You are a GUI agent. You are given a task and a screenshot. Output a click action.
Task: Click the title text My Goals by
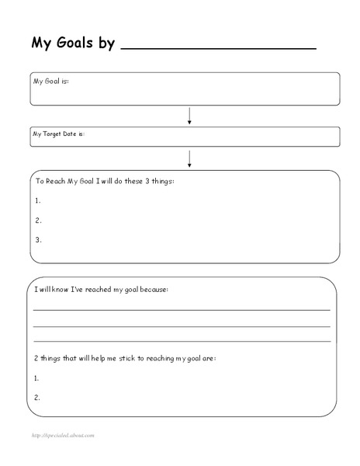pyautogui.click(x=73, y=43)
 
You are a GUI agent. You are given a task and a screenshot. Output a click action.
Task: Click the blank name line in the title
pyautogui.click(x=219, y=49)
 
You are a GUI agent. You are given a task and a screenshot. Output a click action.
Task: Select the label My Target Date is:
pyautogui.click(x=58, y=134)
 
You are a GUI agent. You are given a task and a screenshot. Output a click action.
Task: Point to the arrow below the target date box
pyautogui.click(x=189, y=158)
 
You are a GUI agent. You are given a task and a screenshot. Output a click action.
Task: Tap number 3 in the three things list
pyautogui.click(x=38, y=240)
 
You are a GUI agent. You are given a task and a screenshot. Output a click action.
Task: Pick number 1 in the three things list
pyautogui.click(x=38, y=200)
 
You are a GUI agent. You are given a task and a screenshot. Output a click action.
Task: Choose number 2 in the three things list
pyautogui.click(x=38, y=220)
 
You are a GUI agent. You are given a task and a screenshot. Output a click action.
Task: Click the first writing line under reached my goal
pyautogui.click(x=182, y=309)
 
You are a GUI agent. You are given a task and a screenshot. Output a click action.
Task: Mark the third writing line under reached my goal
pyautogui.click(x=182, y=341)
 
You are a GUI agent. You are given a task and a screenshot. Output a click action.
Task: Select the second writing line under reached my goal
pyautogui.click(x=182, y=325)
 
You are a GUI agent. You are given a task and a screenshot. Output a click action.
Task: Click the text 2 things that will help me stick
pyautogui.click(x=125, y=359)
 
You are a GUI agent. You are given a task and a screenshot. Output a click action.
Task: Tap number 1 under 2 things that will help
pyautogui.click(x=37, y=377)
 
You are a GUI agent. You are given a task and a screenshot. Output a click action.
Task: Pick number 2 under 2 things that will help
pyautogui.click(x=37, y=398)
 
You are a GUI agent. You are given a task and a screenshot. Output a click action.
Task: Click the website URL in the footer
pyautogui.click(x=63, y=435)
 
